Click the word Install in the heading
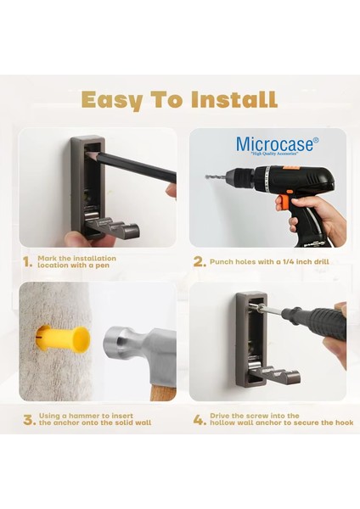tap(234, 99)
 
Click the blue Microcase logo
tap(277, 145)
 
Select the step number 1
tap(27, 262)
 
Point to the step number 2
tap(200, 262)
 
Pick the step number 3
tap(29, 420)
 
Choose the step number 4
tap(200, 420)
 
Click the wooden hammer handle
tap(163, 392)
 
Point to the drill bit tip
tap(206, 177)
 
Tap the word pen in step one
tap(103, 266)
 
